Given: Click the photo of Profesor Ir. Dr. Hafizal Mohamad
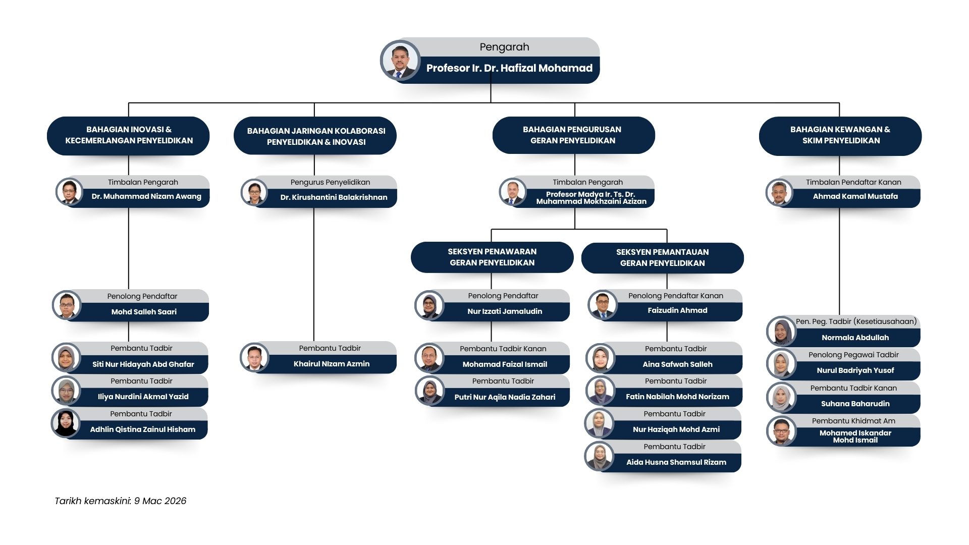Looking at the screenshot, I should click(400, 61).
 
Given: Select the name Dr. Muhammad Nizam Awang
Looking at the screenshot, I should click(146, 196).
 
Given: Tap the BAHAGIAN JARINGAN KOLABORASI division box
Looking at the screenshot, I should click(315, 136).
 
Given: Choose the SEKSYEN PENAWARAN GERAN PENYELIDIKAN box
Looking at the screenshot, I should click(492, 257).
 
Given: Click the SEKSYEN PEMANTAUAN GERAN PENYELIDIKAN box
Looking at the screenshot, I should click(662, 258).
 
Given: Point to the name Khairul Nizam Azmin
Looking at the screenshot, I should click(332, 364).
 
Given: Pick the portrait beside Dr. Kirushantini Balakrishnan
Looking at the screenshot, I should click(254, 192).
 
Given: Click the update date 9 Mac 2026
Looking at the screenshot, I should click(160, 501).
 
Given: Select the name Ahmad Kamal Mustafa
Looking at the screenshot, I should click(855, 196).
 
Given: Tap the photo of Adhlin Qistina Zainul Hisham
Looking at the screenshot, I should click(66, 423).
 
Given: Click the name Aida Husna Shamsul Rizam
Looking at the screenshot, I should click(676, 462).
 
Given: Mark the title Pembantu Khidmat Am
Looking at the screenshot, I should click(853, 421).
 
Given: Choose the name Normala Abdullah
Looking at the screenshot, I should click(855, 338).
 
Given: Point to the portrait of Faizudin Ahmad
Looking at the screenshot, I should click(602, 305).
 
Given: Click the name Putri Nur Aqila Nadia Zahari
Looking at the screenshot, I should click(505, 397).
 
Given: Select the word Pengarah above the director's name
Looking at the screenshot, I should click(504, 47).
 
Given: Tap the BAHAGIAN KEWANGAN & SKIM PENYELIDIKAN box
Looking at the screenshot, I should click(840, 136).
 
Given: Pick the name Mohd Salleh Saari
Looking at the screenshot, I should click(144, 312).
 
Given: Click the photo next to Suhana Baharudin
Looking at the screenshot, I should click(781, 398).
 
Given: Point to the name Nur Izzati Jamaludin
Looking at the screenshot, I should click(505, 311).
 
